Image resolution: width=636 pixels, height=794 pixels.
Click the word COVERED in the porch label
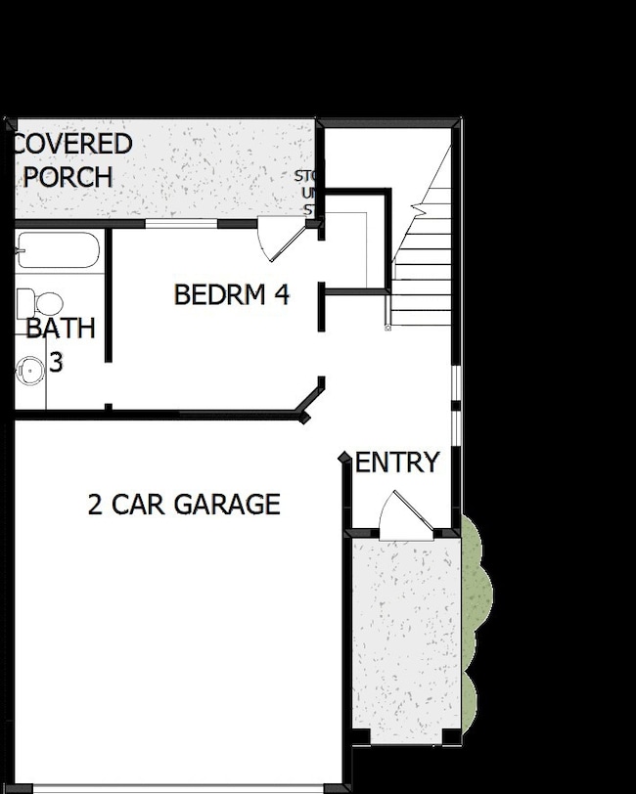pyautogui.click(x=72, y=144)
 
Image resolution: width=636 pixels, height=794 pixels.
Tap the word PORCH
pyautogui.click(x=68, y=177)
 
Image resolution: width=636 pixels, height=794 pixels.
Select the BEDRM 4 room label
pyautogui.click(x=232, y=294)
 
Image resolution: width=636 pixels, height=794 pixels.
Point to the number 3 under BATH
pyautogui.click(x=56, y=363)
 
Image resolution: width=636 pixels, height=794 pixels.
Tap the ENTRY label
pyautogui.click(x=397, y=463)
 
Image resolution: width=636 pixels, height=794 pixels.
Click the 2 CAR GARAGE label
pyautogui.click(x=184, y=505)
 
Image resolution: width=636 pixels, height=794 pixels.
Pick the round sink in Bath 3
pyautogui.click(x=30, y=371)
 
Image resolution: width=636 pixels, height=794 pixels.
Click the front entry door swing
pyautogui.click(x=400, y=513)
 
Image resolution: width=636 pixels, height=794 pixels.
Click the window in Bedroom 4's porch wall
pyautogui.click(x=181, y=224)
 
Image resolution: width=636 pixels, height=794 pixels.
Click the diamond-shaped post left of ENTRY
pyautogui.click(x=344, y=458)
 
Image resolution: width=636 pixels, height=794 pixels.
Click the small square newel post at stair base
pyautogui.click(x=388, y=326)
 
